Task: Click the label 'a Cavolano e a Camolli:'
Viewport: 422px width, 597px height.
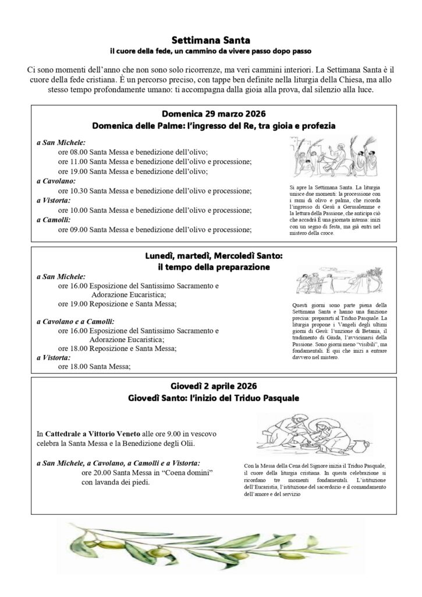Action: [x=75, y=321]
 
